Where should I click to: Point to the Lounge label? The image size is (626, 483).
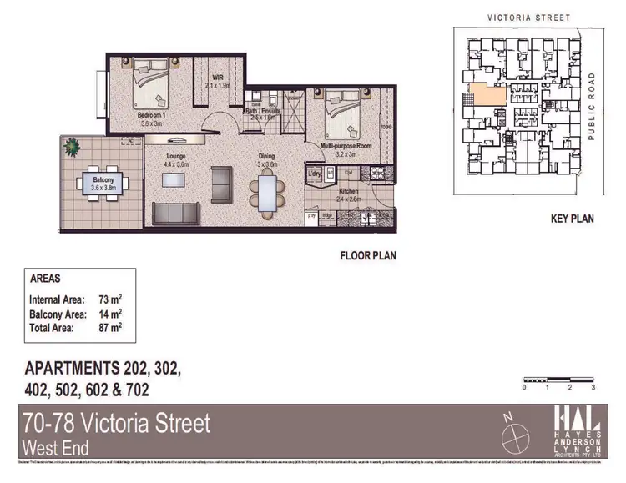(174, 156)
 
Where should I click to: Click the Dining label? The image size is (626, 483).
(266, 156)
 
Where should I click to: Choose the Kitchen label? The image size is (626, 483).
(348, 190)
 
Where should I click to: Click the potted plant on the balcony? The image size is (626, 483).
(73, 148)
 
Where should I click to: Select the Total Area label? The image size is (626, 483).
(52, 329)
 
